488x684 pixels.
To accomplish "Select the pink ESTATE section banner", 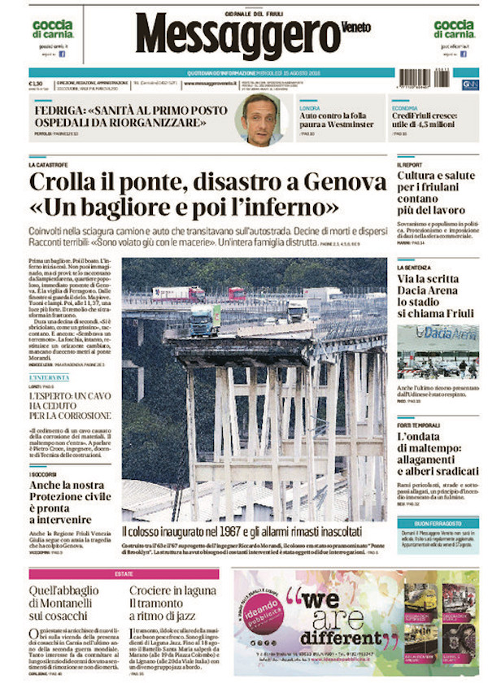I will (124, 574).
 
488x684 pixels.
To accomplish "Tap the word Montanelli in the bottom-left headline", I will (68, 604).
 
